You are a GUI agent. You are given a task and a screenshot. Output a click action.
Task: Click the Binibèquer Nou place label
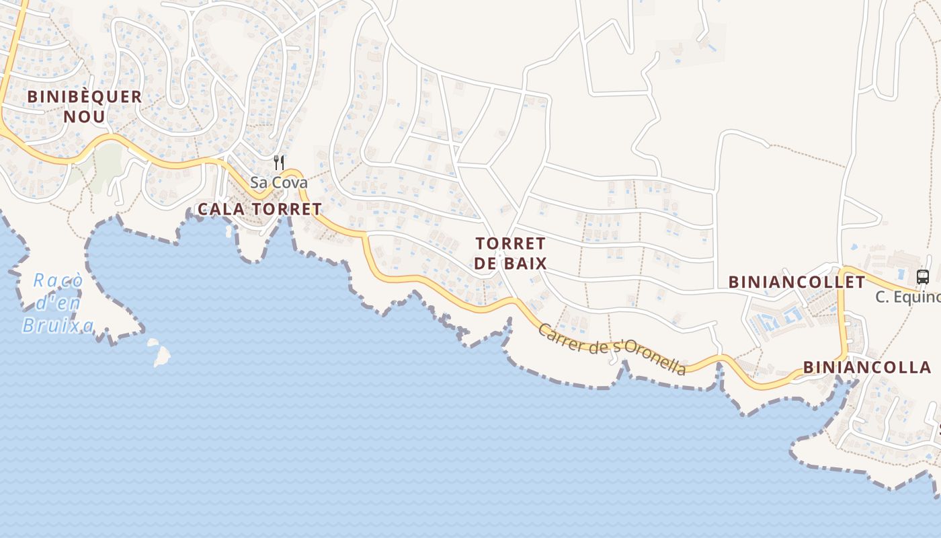pos(85,106)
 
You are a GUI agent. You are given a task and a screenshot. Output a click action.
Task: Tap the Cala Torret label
pos(259,209)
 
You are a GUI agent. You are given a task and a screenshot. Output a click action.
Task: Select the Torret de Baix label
pos(510,253)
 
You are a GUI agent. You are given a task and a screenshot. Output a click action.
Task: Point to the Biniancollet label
pos(796,282)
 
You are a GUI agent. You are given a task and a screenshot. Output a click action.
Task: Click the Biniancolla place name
pos(867,367)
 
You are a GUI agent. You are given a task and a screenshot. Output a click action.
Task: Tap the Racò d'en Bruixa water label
pos(58,303)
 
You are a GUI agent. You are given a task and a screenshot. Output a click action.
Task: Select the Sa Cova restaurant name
pos(278,182)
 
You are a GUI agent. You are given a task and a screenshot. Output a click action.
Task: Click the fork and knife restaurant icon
pos(279,162)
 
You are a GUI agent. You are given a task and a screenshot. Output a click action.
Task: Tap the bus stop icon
pos(923,276)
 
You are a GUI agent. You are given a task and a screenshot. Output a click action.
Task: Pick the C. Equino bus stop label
pos(907,297)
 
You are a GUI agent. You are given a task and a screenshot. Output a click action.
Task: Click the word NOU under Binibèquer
pos(85,116)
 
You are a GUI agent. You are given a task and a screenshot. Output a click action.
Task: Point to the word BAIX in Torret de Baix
pos(526,263)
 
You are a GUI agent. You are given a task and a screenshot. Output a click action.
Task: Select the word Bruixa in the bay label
pos(58,326)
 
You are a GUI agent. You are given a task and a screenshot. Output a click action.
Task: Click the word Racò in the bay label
pos(58,280)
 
